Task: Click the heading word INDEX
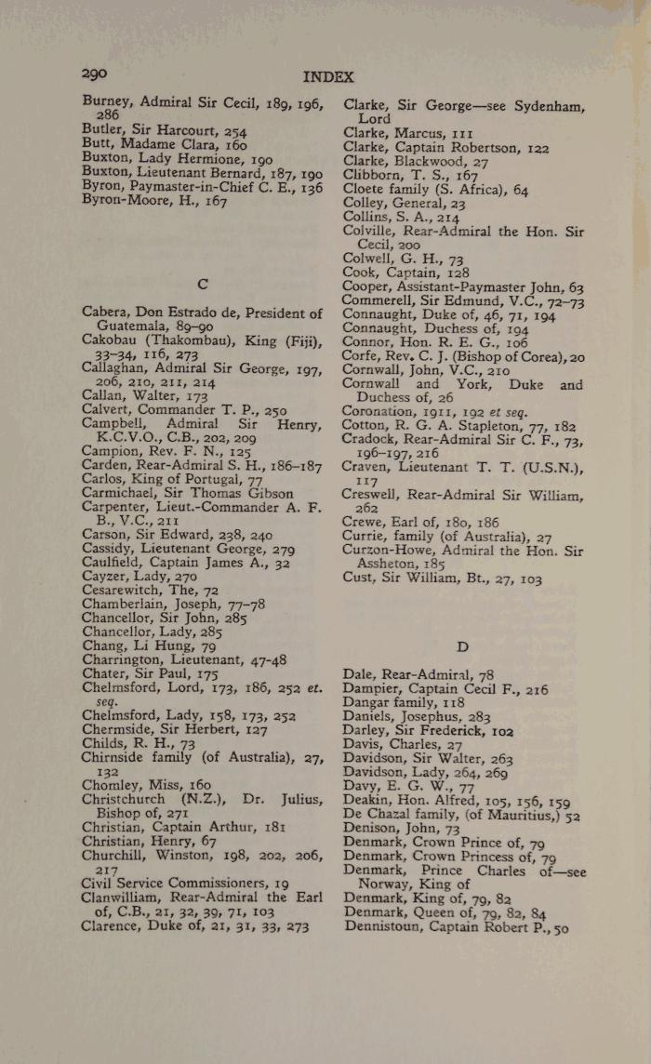click(327, 76)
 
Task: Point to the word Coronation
click(383, 411)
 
